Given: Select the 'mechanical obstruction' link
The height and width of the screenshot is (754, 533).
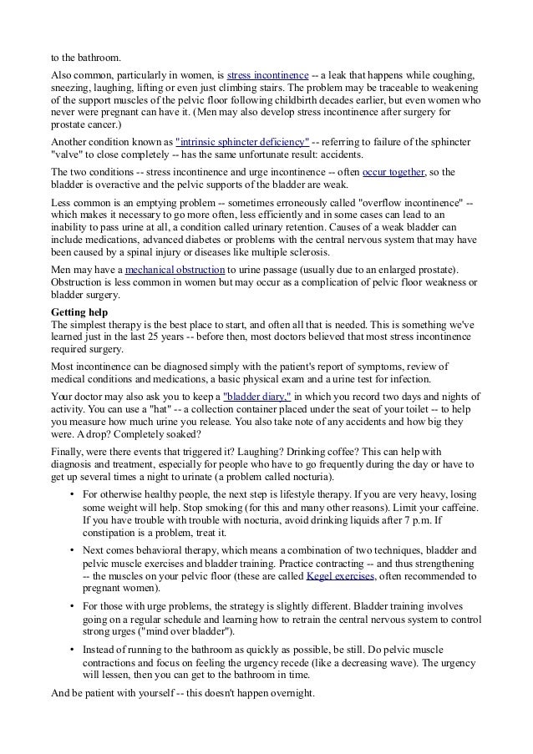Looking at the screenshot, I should coord(175,270).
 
